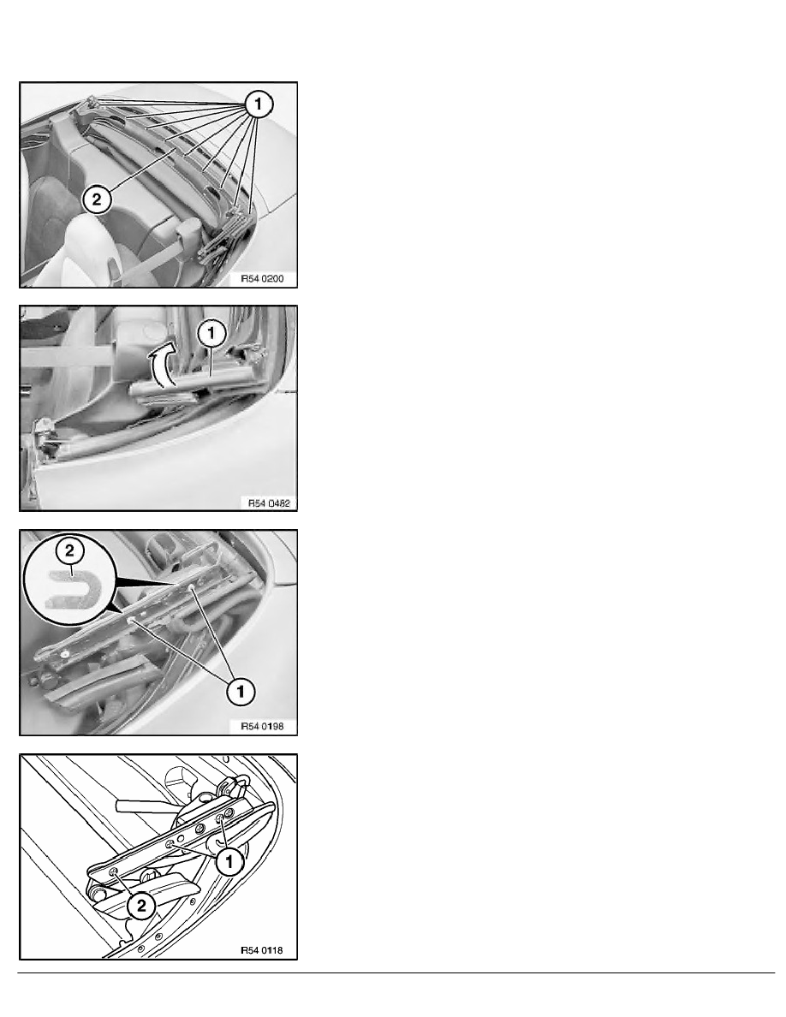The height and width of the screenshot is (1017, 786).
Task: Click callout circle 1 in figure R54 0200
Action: [x=258, y=104]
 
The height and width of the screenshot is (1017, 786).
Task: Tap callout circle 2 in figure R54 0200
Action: [x=97, y=199]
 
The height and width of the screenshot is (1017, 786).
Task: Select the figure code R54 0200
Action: [x=262, y=279]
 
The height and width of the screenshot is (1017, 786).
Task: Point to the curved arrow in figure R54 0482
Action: [x=159, y=366]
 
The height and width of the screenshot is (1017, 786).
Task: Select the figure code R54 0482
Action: [x=269, y=503]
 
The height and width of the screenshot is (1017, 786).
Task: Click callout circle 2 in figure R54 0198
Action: [x=70, y=551]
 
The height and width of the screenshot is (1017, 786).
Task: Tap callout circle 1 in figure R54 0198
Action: [x=241, y=692]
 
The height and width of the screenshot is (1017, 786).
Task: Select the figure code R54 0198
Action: [x=262, y=727]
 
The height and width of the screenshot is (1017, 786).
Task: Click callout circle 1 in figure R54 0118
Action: [x=229, y=862]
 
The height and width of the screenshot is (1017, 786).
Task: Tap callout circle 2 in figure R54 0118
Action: [x=141, y=906]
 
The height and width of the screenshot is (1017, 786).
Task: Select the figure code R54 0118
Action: [x=262, y=951]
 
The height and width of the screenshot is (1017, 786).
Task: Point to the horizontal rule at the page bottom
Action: [x=396, y=972]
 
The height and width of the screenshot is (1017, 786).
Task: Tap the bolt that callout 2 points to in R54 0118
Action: [x=115, y=872]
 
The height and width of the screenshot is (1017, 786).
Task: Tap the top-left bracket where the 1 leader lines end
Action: [x=90, y=104]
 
